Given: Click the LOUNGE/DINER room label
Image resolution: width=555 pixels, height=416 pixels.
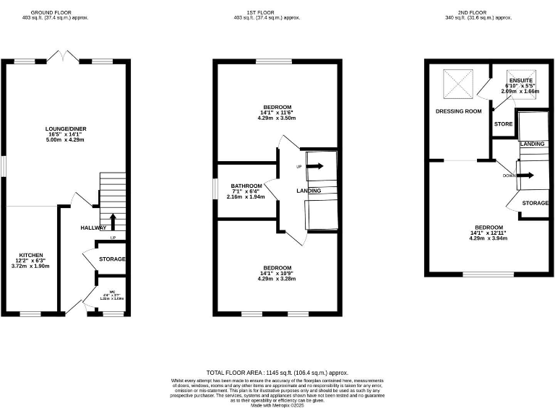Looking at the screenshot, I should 66,129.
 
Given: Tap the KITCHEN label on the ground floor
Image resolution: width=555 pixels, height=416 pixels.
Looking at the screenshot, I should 31,256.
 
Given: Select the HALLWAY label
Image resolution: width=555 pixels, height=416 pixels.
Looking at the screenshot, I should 93,228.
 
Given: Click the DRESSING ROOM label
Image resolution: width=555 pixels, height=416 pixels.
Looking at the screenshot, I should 458,111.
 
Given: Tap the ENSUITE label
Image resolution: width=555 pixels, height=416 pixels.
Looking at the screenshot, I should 520,80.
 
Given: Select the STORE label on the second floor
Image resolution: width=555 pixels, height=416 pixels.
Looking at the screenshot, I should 504,124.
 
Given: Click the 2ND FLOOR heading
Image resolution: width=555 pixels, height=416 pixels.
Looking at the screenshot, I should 479,12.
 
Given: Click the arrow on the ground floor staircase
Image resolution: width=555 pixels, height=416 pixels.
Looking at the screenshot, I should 112,220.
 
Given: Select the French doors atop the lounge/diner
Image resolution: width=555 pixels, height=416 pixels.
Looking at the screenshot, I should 66,56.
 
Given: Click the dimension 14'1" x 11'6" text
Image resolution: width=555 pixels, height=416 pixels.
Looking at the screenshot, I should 277,112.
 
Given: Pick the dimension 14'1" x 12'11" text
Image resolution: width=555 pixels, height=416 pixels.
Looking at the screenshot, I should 488,233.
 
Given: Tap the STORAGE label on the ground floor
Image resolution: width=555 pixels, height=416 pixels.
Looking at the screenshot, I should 111,259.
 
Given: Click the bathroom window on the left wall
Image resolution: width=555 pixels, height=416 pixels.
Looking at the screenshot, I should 215,186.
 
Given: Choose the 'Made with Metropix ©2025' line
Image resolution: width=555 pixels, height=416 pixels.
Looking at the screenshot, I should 277,405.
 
